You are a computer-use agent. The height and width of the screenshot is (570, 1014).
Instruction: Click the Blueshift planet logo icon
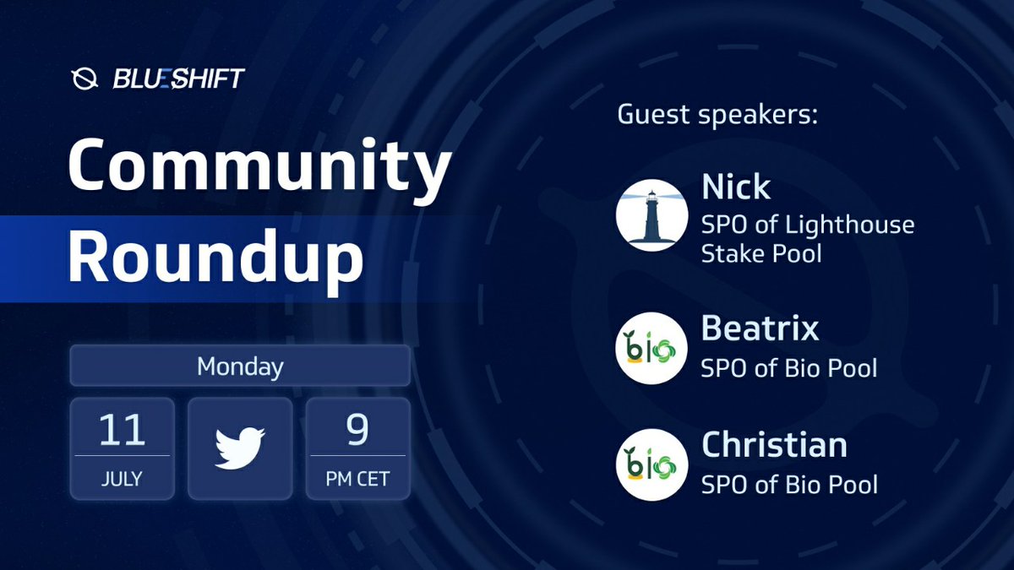click(84, 79)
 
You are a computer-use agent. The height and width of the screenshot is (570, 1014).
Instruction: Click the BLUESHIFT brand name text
click(178, 79)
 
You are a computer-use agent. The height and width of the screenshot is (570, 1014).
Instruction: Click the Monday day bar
click(240, 366)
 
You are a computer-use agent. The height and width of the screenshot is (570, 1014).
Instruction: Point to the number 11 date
click(122, 431)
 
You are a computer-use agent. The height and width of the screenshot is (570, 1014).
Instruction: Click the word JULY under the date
click(122, 479)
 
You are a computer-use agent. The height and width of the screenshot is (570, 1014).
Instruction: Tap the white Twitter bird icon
click(240, 448)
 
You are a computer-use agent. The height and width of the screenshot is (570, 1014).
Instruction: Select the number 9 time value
click(357, 431)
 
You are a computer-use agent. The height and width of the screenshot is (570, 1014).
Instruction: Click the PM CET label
click(357, 479)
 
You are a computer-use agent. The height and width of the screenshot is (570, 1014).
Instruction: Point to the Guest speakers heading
click(717, 115)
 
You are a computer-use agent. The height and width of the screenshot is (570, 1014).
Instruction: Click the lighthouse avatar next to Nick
click(650, 214)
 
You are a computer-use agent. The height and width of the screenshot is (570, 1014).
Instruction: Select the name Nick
click(736, 187)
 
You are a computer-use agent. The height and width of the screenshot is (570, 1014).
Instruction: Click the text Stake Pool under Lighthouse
click(761, 253)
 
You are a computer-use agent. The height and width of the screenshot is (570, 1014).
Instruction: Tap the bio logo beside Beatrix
click(650, 348)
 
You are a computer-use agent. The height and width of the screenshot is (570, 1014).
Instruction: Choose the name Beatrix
click(760, 328)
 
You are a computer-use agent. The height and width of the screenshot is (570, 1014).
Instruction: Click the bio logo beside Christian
click(650, 464)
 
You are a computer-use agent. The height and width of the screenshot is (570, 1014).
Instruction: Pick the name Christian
click(774, 445)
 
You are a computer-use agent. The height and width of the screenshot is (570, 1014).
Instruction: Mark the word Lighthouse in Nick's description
click(849, 225)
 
